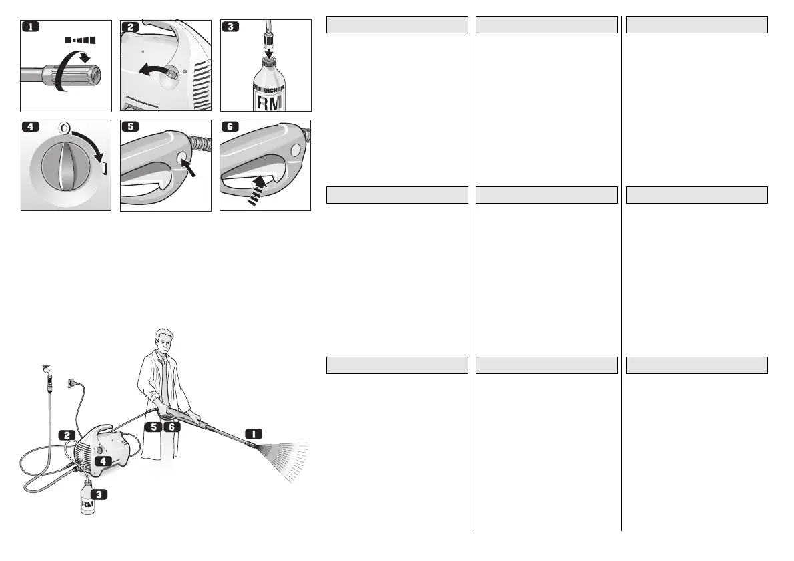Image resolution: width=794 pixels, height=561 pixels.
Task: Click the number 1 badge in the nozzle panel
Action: [31, 27]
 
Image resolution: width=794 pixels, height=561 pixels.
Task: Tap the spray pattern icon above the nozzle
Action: [81, 40]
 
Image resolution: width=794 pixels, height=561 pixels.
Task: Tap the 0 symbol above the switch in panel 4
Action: [65, 127]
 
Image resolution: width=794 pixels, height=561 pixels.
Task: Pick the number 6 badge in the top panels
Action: [231, 128]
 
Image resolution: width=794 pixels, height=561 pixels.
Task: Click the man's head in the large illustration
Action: [163, 341]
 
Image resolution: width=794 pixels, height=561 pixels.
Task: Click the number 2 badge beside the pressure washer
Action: [68, 435]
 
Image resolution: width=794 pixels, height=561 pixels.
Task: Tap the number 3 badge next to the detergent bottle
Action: [99, 495]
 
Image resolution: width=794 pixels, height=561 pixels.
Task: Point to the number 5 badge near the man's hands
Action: [154, 426]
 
